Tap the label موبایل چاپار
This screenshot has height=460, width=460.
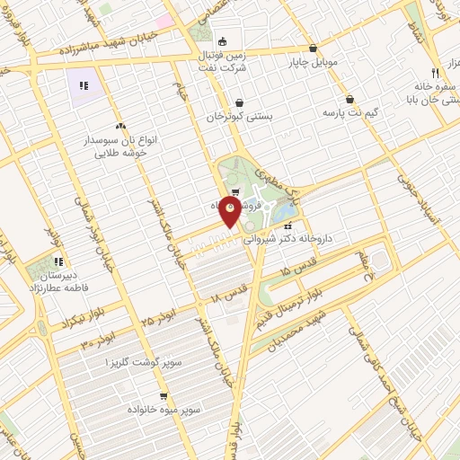click(x=311, y=64)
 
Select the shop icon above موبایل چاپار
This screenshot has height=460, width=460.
click(x=313, y=49)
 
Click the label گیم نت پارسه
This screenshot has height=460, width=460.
click(x=348, y=115)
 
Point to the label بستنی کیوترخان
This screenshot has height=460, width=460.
click(x=240, y=117)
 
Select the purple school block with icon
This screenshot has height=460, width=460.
click(x=84, y=86)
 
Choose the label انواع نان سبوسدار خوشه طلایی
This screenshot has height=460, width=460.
click(x=120, y=147)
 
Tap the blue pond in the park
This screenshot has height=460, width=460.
click(x=285, y=209)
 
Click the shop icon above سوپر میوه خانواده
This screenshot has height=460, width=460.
click(x=163, y=394)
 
